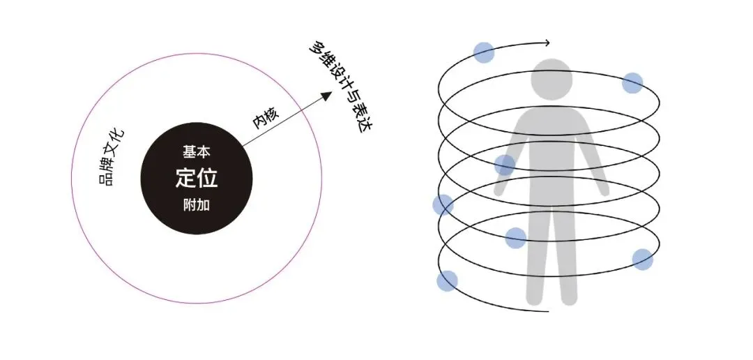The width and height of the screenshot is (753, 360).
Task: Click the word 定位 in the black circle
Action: pos(196,178)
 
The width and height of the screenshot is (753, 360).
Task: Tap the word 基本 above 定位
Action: pos(196,151)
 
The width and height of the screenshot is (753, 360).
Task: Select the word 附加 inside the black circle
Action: pos(196,206)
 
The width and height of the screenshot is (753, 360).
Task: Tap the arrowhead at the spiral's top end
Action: pos(547,43)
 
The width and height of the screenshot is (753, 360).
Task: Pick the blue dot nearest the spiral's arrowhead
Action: pos(483,52)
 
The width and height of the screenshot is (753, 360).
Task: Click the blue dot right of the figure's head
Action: pos(632,83)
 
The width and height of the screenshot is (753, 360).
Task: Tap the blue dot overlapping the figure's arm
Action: pos(505,165)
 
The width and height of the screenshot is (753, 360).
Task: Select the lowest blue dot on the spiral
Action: pos(447,281)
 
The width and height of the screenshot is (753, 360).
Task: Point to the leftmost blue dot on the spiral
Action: pos(443,205)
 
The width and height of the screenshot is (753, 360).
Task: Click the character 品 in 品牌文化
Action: pos(106,181)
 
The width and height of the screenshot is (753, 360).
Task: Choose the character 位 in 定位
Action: pos(208,178)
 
